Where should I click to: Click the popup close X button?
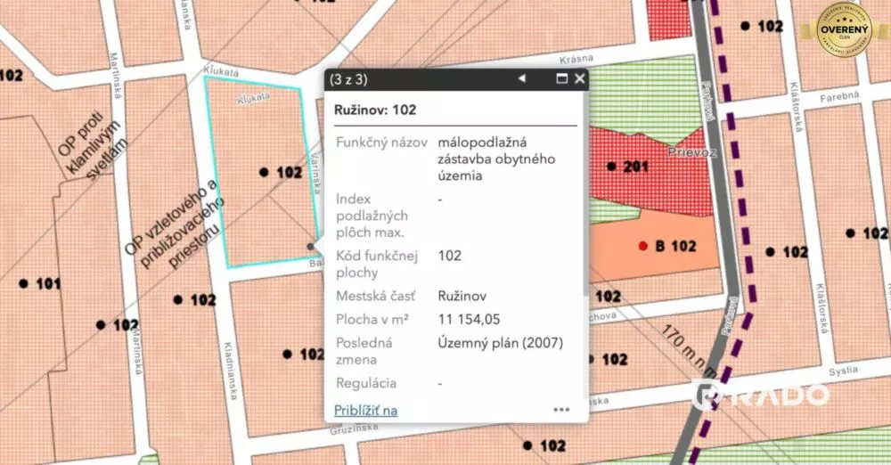point(580,79)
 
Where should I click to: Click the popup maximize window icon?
point(561,79)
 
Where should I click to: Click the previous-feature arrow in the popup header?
point(522,79)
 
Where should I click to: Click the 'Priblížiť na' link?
point(365,410)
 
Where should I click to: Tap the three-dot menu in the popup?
point(561,410)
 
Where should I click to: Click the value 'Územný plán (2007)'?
point(501,342)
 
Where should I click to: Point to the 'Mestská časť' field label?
point(373,296)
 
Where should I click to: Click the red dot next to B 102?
point(643,246)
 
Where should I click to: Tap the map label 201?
point(636,167)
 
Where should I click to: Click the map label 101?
point(48,284)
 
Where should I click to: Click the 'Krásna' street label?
point(577,59)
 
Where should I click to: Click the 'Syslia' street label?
point(843,370)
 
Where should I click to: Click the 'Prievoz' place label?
point(685,152)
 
